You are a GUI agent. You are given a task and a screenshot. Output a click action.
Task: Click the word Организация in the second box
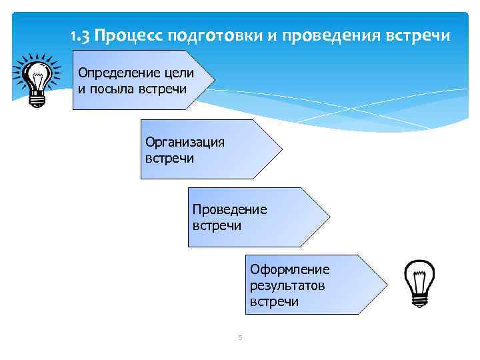click(x=185, y=142)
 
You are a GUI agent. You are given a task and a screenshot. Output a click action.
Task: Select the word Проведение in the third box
click(x=229, y=209)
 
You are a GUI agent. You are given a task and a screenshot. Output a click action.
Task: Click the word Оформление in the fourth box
click(x=289, y=270)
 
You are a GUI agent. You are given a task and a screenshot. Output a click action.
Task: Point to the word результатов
click(x=287, y=286)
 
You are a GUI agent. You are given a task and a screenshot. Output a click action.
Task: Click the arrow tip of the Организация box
click(x=281, y=149)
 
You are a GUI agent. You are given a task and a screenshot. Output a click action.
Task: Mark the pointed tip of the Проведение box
click(x=329, y=217)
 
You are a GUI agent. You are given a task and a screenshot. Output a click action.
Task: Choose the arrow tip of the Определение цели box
click(x=214, y=79)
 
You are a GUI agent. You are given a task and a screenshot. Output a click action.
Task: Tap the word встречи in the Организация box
click(x=169, y=158)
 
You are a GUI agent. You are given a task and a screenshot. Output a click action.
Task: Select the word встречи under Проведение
click(x=217, y=225)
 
